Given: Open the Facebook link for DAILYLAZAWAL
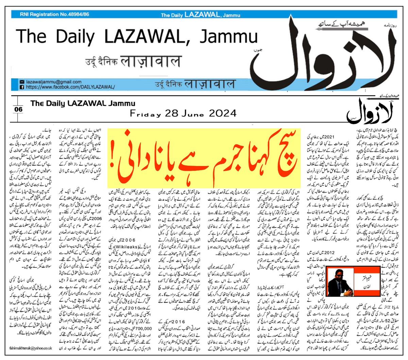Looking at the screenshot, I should [69, 87].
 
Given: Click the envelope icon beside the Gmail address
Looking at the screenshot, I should [22, 82].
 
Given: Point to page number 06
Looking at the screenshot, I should [18, 109].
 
